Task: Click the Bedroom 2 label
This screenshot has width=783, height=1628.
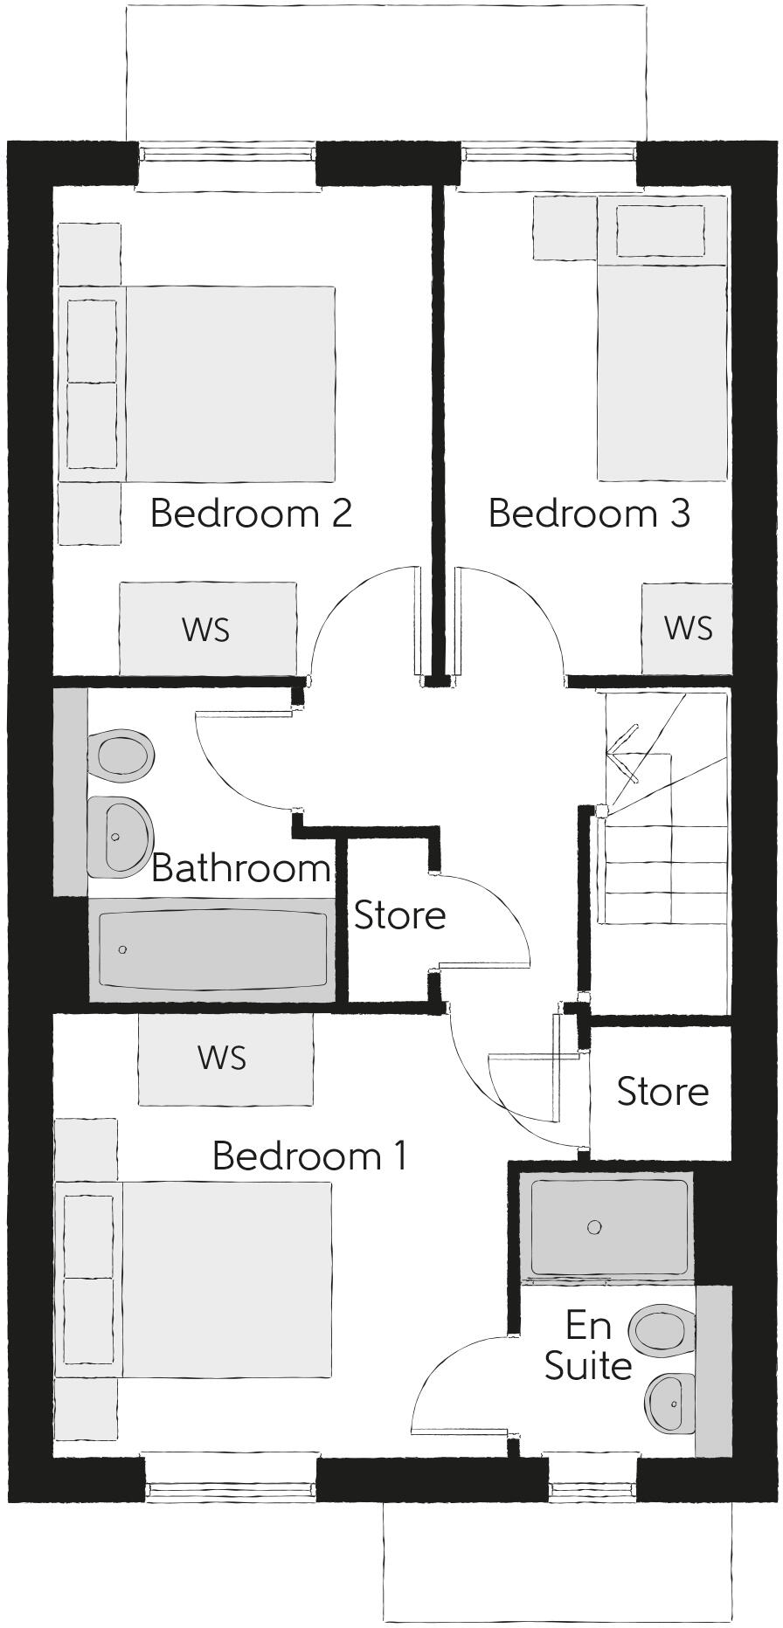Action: [251, 513]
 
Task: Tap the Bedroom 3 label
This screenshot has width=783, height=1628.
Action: [589, 513]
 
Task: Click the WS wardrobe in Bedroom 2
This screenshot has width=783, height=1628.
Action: [207, 628]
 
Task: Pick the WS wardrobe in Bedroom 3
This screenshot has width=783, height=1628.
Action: [687, 628]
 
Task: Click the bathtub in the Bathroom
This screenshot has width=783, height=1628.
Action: [212, 949]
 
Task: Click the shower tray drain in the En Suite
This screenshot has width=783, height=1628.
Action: [594, 1227]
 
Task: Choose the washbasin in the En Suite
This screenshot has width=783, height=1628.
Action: [671, 1404]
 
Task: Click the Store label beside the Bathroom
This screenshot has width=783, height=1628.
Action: [399, 915]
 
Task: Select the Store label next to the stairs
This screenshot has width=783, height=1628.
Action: [662, 1092]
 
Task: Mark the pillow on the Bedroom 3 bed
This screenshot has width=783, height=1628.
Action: [661, 230]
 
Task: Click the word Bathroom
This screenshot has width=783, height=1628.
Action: [241, 868]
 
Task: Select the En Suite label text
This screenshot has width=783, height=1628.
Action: [588, 1346]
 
